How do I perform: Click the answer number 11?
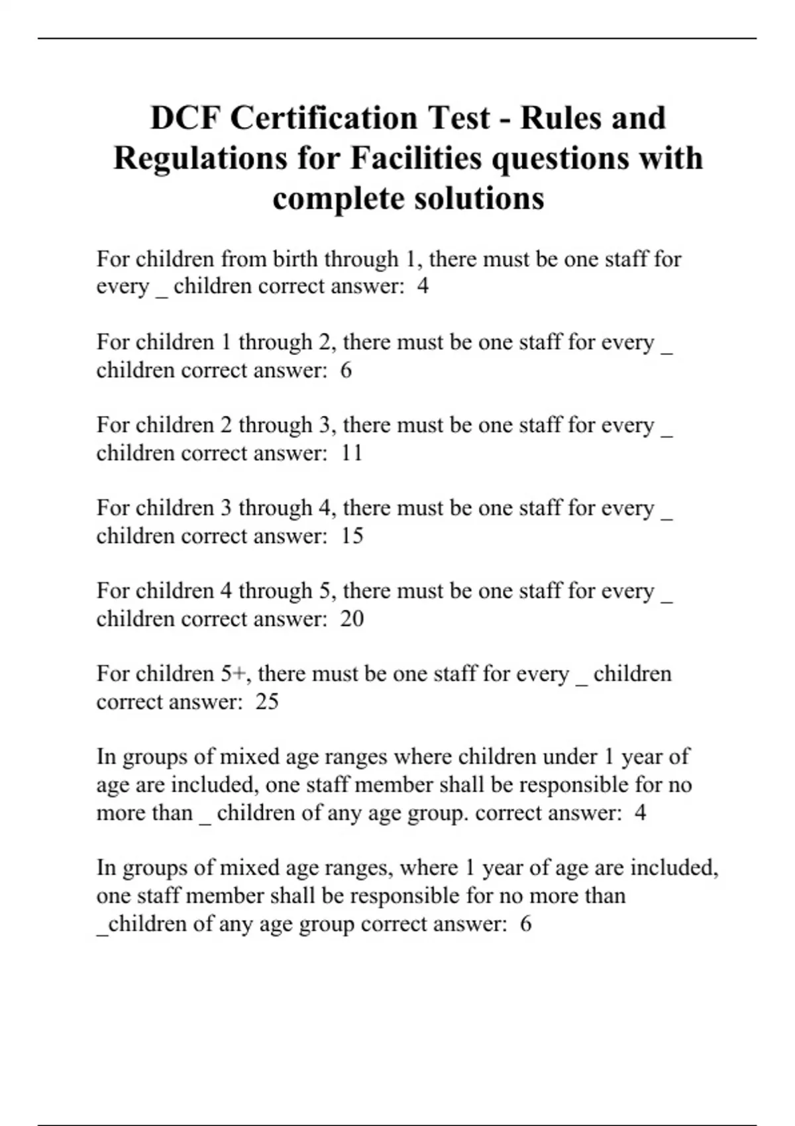pyautogui.click(x=352, y=453)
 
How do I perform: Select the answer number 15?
pyautogui.click(x=352, y=536)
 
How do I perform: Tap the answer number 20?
pyautogui.click(x=352, y=619)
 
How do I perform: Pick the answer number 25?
pyautogui.click(x=267, y=701)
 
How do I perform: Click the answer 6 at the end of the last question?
pyautogui.click(x=525, y=924)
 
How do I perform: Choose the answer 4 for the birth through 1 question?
pyautogui.click(x=423, y=287)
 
